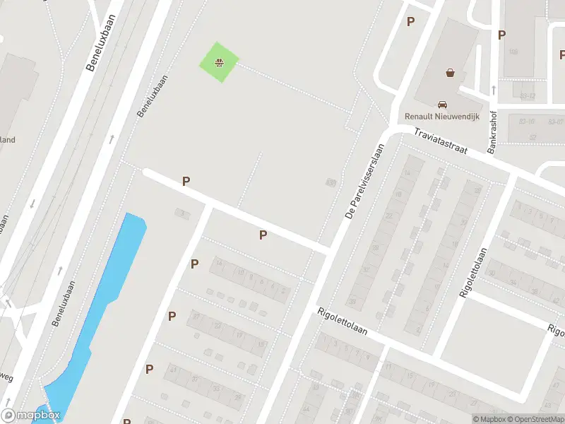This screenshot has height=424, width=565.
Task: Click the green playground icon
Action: pos(220,62)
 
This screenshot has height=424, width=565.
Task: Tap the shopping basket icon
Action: pos(450,72)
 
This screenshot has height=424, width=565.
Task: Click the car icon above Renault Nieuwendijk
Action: pos(443,103)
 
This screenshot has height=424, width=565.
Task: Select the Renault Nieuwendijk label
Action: pos(441,116)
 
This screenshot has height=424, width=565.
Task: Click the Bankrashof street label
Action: pos(494,131)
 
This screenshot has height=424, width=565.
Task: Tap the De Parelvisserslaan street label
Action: pos(365,181)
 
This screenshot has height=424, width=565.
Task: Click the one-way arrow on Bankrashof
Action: pos(494,90)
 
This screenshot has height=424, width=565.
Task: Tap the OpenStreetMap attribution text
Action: pos(533,419)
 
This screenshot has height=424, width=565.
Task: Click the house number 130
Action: pos(330,183)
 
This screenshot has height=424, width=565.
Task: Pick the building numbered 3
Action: pos(182,212)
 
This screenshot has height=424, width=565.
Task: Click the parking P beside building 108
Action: pos(501,35)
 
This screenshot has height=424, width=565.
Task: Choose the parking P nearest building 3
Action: pos(186,182)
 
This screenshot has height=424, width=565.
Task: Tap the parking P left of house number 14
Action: pos(194,264)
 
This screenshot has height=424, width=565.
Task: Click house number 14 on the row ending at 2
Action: pos(219,263)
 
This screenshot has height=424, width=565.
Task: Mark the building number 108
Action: pos(513,52)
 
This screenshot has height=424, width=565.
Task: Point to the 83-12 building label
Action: pos(528,96)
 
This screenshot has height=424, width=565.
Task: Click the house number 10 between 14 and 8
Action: pos(240,272)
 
